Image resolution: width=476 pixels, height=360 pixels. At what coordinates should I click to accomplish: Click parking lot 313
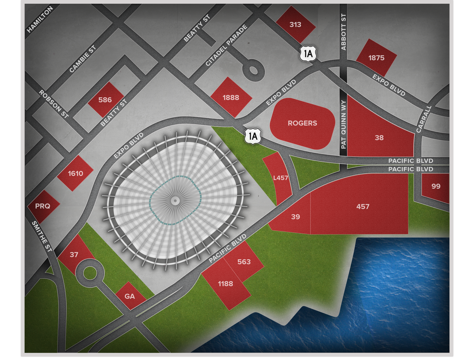pos(295,25)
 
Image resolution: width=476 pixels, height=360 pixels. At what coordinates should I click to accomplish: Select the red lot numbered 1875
pos(376,58)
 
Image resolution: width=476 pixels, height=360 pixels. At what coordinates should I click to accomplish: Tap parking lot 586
pos(105,100)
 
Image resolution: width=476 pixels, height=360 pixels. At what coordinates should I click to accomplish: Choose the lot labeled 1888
pos(231,97)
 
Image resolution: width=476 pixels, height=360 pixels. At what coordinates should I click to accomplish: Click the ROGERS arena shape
pos(302,123)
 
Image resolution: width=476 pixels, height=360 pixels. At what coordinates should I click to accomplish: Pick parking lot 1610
pos(75,173)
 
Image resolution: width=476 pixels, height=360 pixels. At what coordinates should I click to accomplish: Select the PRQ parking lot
pos(43,206)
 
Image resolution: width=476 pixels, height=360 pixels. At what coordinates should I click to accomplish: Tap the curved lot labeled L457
pos(280,178)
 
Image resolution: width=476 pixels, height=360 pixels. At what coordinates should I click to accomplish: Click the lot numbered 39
pos(295,216)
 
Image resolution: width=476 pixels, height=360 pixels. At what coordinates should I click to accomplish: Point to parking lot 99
pos(436,186)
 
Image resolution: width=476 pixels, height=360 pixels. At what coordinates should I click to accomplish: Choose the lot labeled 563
pos(244,262)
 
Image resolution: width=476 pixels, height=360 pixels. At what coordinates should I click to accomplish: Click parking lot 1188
pos(225,284)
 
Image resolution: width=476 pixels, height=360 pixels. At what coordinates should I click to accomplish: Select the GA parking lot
pos(130,296)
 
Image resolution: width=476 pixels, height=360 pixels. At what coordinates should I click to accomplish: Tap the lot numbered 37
pos(74,254)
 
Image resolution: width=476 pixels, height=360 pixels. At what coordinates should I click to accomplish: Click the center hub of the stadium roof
pos(174,201)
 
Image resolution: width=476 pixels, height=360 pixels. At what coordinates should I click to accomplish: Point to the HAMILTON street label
pos(40,19)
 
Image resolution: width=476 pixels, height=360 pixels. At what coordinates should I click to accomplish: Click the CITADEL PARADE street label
pos(226,45)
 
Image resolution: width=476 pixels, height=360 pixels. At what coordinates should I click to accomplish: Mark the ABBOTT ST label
pos(343,32)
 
